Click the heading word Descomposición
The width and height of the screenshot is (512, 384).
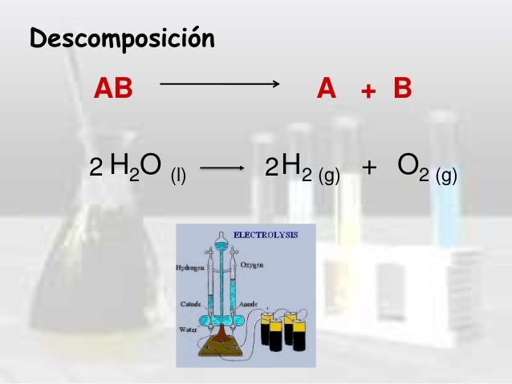pyautogui.click(x=122, y=38)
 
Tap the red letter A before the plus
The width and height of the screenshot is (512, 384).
pyautogui.click(x=326, y=88)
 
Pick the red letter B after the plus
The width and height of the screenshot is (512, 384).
pyautogui.click(x=402, y=88)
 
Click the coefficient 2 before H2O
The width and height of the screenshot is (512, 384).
pyautogui.click(x=95, y=169)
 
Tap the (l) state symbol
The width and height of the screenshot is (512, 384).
pyautogui.click(x=177, y=173)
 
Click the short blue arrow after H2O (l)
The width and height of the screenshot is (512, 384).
pyautogui.click(x=221, y=168)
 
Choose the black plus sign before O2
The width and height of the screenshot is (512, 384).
pyautogui.click(x=369, y=168)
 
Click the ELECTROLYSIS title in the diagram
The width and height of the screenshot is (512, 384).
pyautogui.click(x=265, y=235)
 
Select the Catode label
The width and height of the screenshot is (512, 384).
pyautogui.click(x=189, y=305)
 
